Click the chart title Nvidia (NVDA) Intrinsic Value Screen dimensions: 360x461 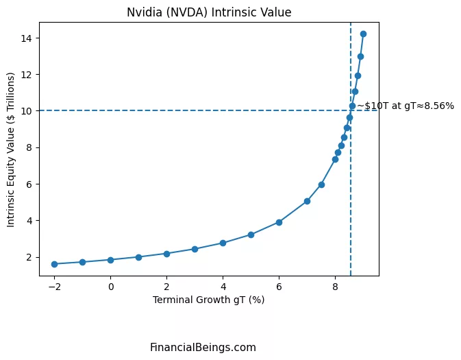click(x=209, y=12)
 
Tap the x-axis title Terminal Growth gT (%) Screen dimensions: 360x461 click(x=208, y=300)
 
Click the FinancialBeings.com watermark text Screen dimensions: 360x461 click(x=203, y=348)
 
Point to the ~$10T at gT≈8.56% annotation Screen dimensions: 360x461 click(x=405, y=106)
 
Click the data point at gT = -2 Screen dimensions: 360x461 click(x=54, y=264)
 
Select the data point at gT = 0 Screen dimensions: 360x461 click(x=110, y=260)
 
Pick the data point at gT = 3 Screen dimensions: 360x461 click(x=195, y=249)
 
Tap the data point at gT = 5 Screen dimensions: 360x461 click(x=251, y=235)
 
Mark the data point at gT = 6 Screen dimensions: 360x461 click(x=279, y=222)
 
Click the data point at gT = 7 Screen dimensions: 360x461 click(x=307, y=201)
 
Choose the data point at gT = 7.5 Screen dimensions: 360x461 click(x=321, y=184)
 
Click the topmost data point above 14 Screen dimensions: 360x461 click(x=363, y=34)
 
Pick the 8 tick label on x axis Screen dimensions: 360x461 click(x=335, y=287)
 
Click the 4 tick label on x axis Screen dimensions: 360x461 click(x=223, y=287)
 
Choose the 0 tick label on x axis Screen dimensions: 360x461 click(x=110, y=287)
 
